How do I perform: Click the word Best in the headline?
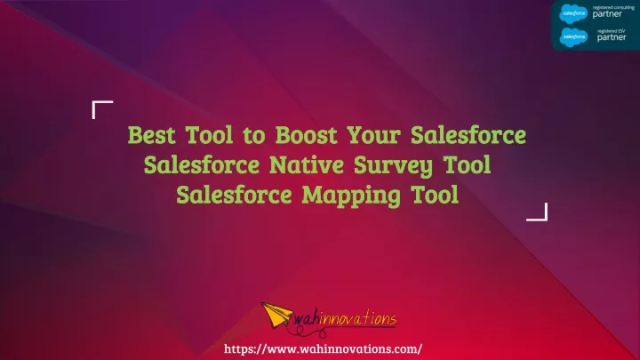pos(152,135)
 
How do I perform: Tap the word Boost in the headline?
pos(307,135)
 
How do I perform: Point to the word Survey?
pos(393,166)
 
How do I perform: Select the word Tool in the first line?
pos(210,135)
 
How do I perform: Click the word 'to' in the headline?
pos(254,136)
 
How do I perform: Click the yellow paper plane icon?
pos(276,315)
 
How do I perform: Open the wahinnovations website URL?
pos(323,349)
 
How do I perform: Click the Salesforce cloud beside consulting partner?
pos(573,13)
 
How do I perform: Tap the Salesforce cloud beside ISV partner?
pos(573,37)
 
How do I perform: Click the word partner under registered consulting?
pos(607,14)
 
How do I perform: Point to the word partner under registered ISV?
pos(612,37)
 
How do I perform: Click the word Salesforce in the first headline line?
pos(468,135)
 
